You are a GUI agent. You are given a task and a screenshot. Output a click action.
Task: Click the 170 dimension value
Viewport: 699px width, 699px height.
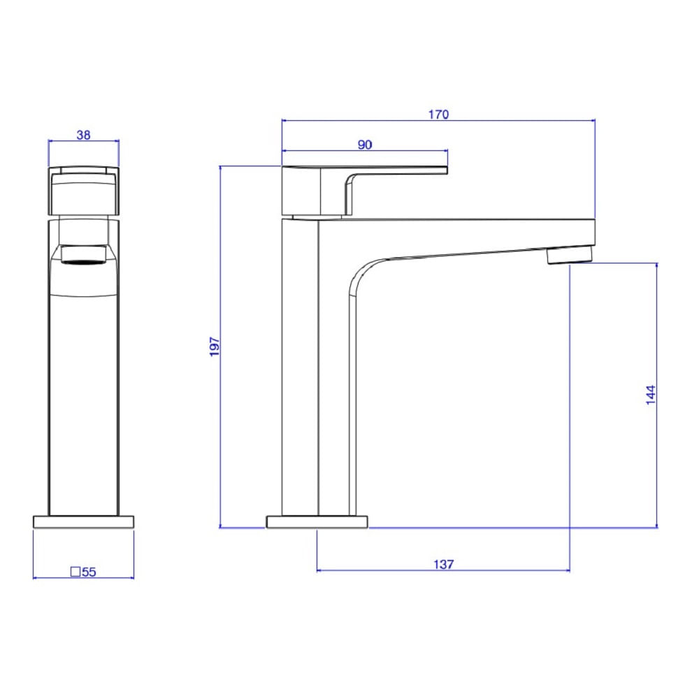(x=439, y=115)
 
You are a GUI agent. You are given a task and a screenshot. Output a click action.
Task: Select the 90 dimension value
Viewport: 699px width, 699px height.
(x=365, y=145)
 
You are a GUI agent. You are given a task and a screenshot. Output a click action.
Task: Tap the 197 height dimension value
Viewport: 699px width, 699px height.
(x=215, y=347)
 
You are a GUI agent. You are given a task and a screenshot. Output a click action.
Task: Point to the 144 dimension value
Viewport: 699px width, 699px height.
(x=651, y=394)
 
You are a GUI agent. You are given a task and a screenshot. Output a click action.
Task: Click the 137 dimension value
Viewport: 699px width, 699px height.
(x=444, y=564)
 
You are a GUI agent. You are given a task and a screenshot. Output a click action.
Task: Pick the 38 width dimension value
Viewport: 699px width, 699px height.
(x=83, y=135)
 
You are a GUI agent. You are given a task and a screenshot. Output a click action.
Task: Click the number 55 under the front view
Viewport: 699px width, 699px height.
(x=89, y=572)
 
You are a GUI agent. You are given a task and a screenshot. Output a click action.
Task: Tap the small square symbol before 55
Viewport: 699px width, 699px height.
(x=75, y=572)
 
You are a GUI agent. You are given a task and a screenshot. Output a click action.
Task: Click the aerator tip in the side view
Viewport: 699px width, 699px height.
(x=570, y=257)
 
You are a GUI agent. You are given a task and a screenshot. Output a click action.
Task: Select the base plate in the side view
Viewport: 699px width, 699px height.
(x=317, y=521)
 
